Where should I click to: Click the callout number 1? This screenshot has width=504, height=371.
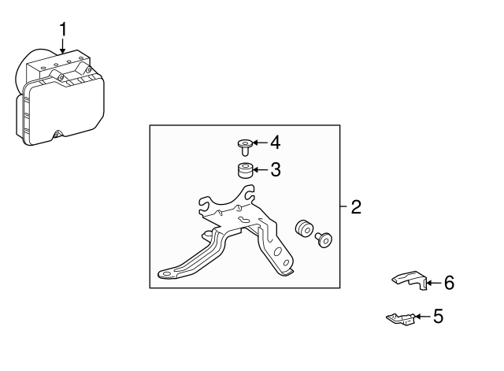63,29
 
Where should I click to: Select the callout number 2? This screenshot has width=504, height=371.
356,206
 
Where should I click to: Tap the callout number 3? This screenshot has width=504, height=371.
276,169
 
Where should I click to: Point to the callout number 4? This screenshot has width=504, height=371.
275,143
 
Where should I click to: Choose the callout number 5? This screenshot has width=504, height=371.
439,316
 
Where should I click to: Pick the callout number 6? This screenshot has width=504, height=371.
449,283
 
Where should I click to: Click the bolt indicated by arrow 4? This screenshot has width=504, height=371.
245,147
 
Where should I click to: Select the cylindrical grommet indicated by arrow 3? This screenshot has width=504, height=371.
245,170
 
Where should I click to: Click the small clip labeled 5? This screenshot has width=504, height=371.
400,318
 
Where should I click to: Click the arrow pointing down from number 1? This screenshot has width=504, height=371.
63,46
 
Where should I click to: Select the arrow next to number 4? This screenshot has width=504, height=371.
261,143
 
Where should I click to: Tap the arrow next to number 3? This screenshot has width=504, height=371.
261,169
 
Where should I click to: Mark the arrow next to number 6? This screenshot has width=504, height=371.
434,283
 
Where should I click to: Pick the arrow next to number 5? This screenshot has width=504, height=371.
423,317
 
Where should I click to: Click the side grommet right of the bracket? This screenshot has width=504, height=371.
304,228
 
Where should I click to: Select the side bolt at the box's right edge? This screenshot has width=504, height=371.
324,239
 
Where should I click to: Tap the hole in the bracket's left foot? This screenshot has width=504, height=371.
166,274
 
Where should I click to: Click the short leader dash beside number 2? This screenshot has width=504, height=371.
344,206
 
